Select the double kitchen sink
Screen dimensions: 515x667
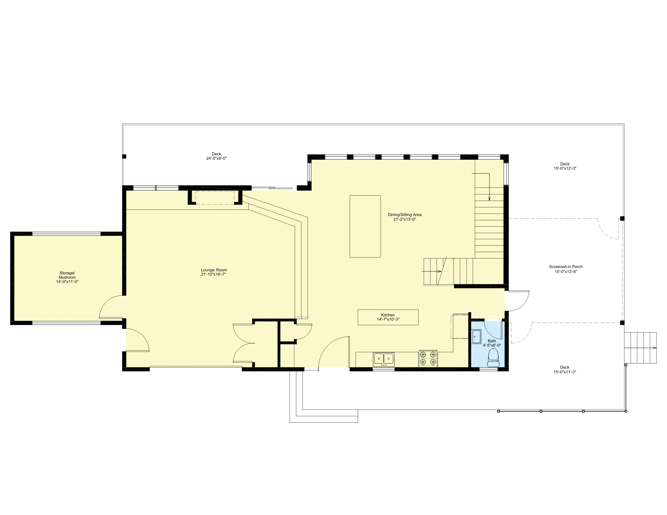383,359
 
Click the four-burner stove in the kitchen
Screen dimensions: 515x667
428,358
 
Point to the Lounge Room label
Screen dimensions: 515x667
214,270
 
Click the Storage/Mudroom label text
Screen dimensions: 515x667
67,275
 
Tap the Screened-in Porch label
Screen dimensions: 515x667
566,267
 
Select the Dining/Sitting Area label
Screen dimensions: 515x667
405,215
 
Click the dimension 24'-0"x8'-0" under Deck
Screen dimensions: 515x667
216,159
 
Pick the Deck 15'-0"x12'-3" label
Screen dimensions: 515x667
565,166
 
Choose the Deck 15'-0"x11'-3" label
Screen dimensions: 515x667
565,369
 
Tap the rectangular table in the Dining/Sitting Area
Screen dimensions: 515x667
365,226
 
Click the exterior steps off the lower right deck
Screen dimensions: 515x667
640,348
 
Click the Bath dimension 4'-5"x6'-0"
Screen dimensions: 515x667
492,345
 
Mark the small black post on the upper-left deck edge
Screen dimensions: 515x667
124,156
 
